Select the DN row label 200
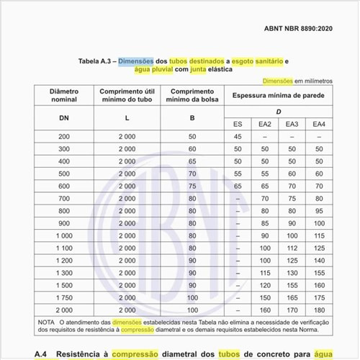coord(65,136)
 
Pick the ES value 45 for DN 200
coord(238,136)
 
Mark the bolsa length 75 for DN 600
coord(192,186)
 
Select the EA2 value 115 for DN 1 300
coord(264,272)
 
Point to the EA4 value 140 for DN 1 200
coord(318,260)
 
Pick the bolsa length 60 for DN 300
coord(192,148)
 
